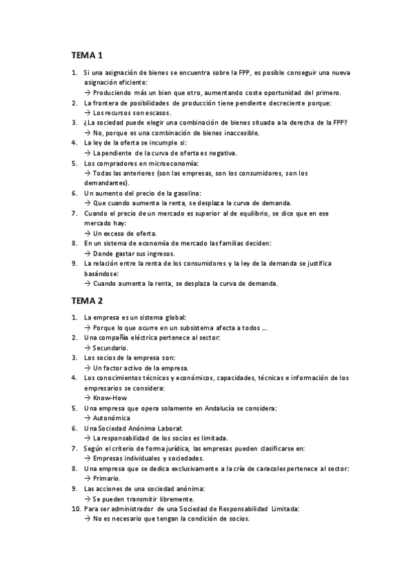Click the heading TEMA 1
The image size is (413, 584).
click(86, 54)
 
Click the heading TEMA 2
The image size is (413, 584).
click(86, 300)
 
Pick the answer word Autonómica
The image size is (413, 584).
click(112, 418)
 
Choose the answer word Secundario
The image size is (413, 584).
click(111, 348)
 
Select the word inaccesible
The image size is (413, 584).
click(239, 133)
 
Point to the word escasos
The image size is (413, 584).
click(156, 112)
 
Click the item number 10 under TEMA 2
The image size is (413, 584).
click(75, 508)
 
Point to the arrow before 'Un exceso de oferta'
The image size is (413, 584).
click(88, 233)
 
